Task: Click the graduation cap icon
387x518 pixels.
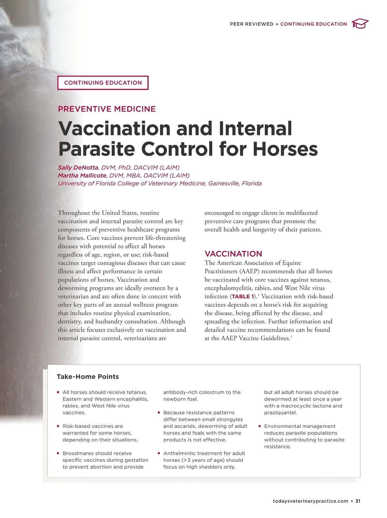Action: pos(360,24)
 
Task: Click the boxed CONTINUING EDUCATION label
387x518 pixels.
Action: pos(103,83)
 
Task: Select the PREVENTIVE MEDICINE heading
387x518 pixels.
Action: pos(107,109)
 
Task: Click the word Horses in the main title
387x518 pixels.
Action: pos(285,149)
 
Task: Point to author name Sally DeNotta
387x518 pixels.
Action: pos(78,167)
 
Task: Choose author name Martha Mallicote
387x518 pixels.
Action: pos(82,175)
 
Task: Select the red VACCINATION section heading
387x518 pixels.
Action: pos(233,254)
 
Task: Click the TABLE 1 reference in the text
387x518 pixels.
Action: pos(243,296)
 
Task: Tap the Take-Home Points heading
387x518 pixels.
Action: pos(88,377)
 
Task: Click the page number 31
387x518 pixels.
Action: pos(358,501)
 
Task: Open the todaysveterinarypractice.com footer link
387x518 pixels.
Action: pos(310,501)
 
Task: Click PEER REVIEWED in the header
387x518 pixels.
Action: pos(252,24)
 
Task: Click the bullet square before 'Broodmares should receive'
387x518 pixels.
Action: pos(58,453)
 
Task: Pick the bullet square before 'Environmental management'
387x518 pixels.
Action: pos(260,426)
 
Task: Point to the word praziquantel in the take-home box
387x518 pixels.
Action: pos(280,413)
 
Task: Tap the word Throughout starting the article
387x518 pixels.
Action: pos(74,213)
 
